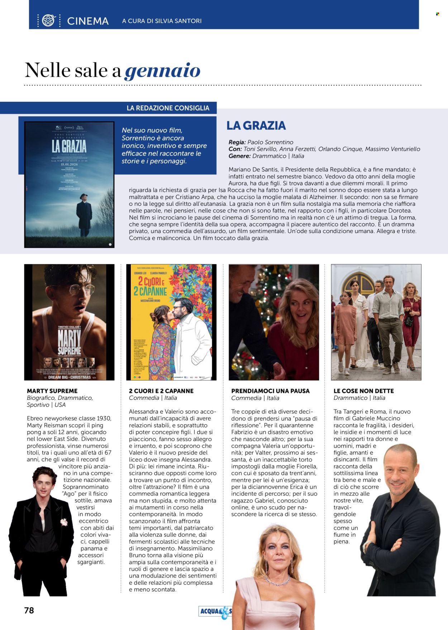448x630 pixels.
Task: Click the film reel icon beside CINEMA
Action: [48, 21]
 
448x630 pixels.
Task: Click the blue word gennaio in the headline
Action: [162, 70]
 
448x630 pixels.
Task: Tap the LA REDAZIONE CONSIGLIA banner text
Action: [168, 108]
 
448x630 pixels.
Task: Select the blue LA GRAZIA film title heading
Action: [256, 125]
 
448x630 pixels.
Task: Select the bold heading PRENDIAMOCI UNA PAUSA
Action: [270, 391]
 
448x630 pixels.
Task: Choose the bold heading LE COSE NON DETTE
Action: [363, 391]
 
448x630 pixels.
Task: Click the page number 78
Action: [29, 610]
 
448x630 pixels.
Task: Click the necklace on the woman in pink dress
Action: [277, 581]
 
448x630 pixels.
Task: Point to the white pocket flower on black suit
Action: [65, 522]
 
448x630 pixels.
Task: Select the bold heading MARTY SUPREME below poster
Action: [52, 391]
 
